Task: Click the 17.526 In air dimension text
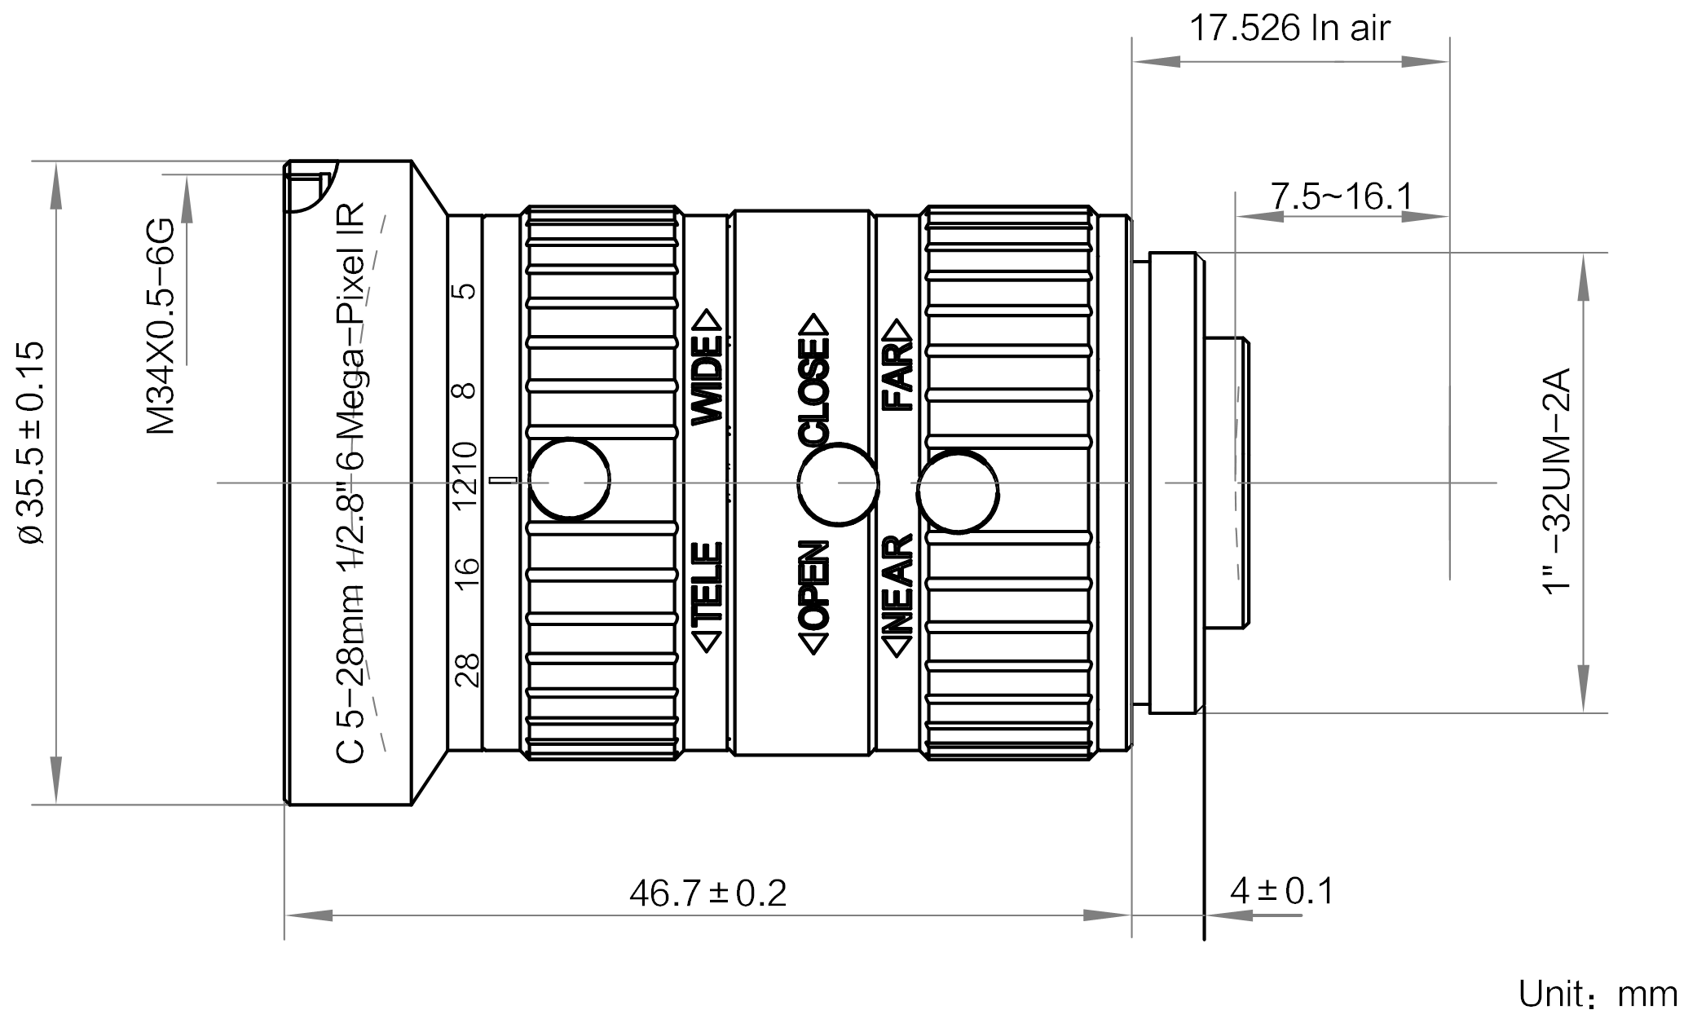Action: (x=1289, y=29)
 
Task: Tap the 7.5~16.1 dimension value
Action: (x=1342, y=196)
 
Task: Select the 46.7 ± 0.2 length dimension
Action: (x=707, y=893)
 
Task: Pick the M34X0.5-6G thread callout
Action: (x=161, y=325)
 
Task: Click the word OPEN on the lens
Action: (x=814, y=585)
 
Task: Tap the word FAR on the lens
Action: (x=897, y=375)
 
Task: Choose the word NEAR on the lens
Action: (x=897, y=585)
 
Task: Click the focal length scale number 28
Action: (x=467, y=670)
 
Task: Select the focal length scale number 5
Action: (x=467, y=291)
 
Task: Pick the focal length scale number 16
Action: (x=467, y=576)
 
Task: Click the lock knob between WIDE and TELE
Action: (x=570, y=479)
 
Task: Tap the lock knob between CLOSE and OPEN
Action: (x=838, y=485)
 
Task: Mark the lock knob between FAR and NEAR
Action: (x=958, y=492)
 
